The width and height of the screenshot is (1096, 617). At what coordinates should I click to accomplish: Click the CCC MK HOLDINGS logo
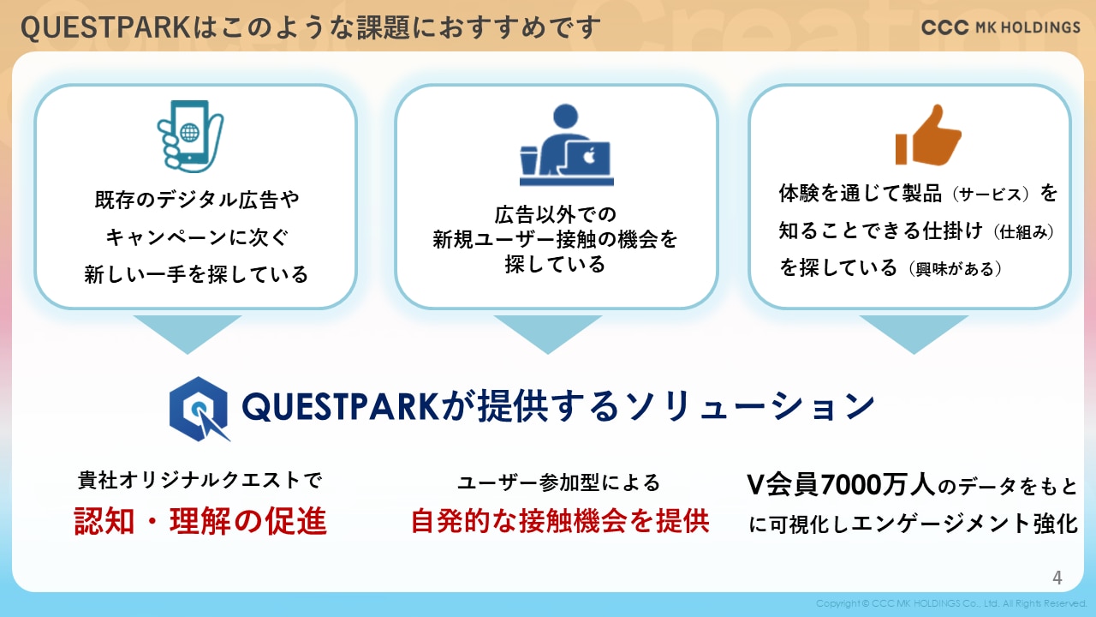tap(1001, 27)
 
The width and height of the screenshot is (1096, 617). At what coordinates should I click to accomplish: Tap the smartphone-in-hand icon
tap(190, 136)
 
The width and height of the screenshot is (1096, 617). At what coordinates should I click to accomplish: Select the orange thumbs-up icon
tap(928, 135)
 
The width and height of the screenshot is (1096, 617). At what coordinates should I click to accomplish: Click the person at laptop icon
tap(567, 145)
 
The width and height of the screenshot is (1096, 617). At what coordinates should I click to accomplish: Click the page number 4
tap(1057, 578)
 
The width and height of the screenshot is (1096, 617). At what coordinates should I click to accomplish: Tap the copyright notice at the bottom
tap(950, 603)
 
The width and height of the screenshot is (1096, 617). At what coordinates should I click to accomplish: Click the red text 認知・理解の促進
tap(200, 521)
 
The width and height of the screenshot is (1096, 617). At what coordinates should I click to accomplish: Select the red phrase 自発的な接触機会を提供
tap(560, 521)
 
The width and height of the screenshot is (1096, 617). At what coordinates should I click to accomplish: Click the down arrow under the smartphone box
tap(188, 334)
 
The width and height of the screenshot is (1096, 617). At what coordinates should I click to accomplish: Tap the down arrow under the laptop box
tap(548, 334)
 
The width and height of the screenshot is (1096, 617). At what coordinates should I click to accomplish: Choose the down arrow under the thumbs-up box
tap(914, 334)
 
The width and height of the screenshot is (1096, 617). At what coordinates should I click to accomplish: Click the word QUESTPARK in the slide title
tap(105, 27)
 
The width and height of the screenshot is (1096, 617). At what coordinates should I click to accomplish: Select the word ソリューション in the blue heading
tap(750, 406)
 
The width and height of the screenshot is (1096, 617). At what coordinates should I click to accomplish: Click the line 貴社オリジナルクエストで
tap(200, 481)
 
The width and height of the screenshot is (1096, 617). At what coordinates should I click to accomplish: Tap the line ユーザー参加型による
tap(559, 482)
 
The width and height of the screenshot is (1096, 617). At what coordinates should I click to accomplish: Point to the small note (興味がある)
tap(955, 269)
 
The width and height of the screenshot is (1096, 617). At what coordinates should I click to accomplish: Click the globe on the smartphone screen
tap(190, 132)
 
